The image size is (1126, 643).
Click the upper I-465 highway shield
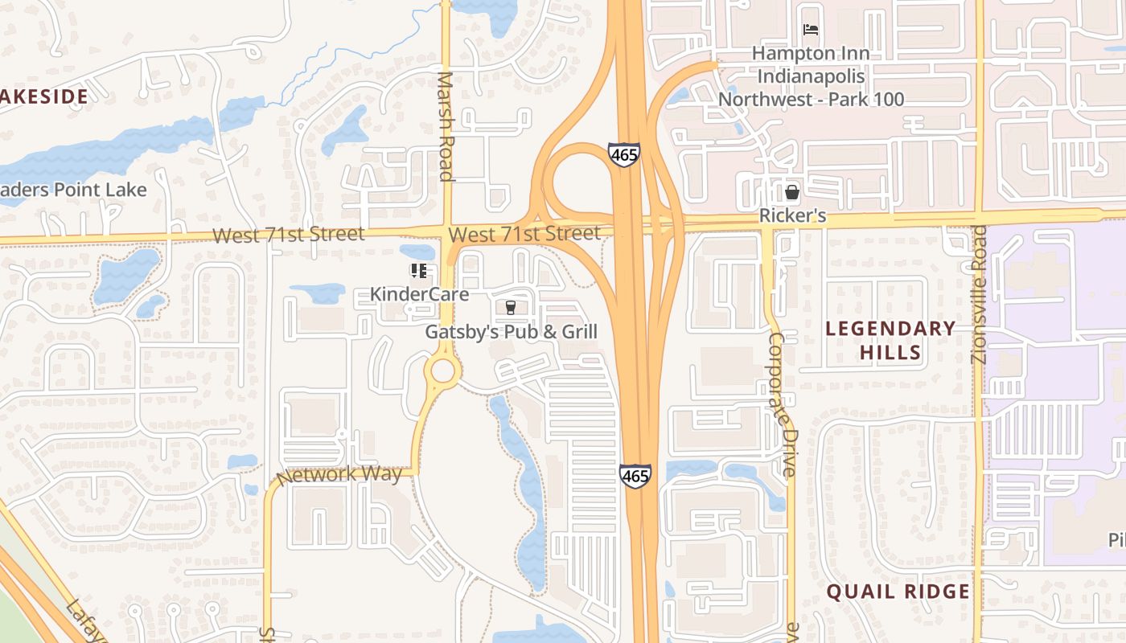pos(623,154)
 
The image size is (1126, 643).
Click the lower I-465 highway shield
pos(635,475)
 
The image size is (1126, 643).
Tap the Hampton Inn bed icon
pos(811,31)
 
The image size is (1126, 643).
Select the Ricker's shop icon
pos(792,192)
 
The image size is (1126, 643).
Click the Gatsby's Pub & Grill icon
pos(509,307)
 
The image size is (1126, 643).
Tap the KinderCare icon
pos(418,271)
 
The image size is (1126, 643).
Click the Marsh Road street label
pos(446,127)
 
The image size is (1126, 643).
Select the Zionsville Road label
pos(979,294)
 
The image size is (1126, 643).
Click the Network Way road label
pos(339,474)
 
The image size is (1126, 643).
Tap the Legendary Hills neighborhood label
pos(890,340)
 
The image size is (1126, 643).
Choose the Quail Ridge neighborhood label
pos(898,592)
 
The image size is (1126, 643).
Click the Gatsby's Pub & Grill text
pos(511,331)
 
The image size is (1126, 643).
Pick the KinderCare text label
pos(419,294)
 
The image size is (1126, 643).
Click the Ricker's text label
pos(792,216)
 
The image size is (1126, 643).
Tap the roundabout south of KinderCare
pos(442,371)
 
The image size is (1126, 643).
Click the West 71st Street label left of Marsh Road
pos(289,235)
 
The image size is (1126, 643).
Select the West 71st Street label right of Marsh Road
pos(524,234)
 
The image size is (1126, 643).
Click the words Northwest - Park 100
pos(811,100)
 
